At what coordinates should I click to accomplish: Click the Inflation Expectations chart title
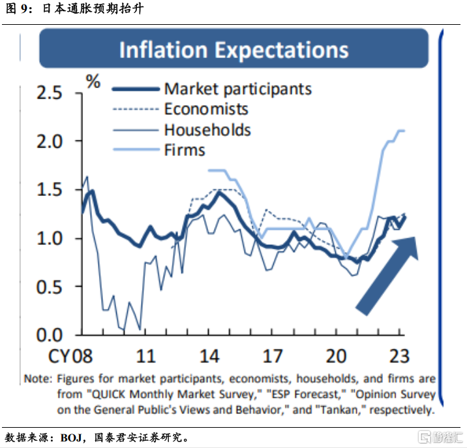point(233,50)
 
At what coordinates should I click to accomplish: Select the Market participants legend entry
point(237,89)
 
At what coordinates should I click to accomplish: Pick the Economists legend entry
point(206,109)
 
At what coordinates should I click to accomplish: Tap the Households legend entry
point(207,130)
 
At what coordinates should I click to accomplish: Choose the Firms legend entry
point(185,150)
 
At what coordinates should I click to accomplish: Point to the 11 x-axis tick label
point(146,356)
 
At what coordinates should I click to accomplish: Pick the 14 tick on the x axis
point(209,356)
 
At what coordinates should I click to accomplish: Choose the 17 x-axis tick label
point(273,356)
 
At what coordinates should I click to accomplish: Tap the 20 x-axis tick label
point(335,356)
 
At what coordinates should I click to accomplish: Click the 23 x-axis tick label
point(398,356)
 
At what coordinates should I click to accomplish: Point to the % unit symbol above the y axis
point(94,82)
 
